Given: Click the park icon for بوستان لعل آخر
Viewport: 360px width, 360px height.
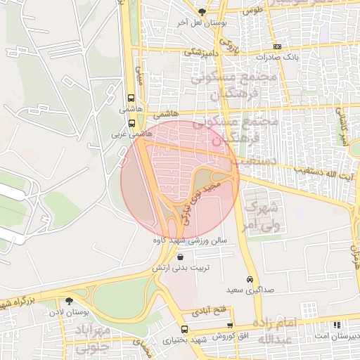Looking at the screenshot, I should [203, 12].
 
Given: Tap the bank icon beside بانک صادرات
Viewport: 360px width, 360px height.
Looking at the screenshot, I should [278, 46].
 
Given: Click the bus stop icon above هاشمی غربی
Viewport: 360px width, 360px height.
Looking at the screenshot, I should [131, 122].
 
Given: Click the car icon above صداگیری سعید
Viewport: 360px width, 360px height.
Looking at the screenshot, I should [250, 278].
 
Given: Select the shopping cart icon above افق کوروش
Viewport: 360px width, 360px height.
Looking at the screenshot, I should [230, 326].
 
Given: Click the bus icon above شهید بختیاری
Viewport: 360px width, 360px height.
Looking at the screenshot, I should [184, 329].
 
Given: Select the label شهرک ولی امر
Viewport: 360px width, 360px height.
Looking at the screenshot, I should [261, 217].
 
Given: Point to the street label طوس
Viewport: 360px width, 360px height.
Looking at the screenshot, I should [252, 11].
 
